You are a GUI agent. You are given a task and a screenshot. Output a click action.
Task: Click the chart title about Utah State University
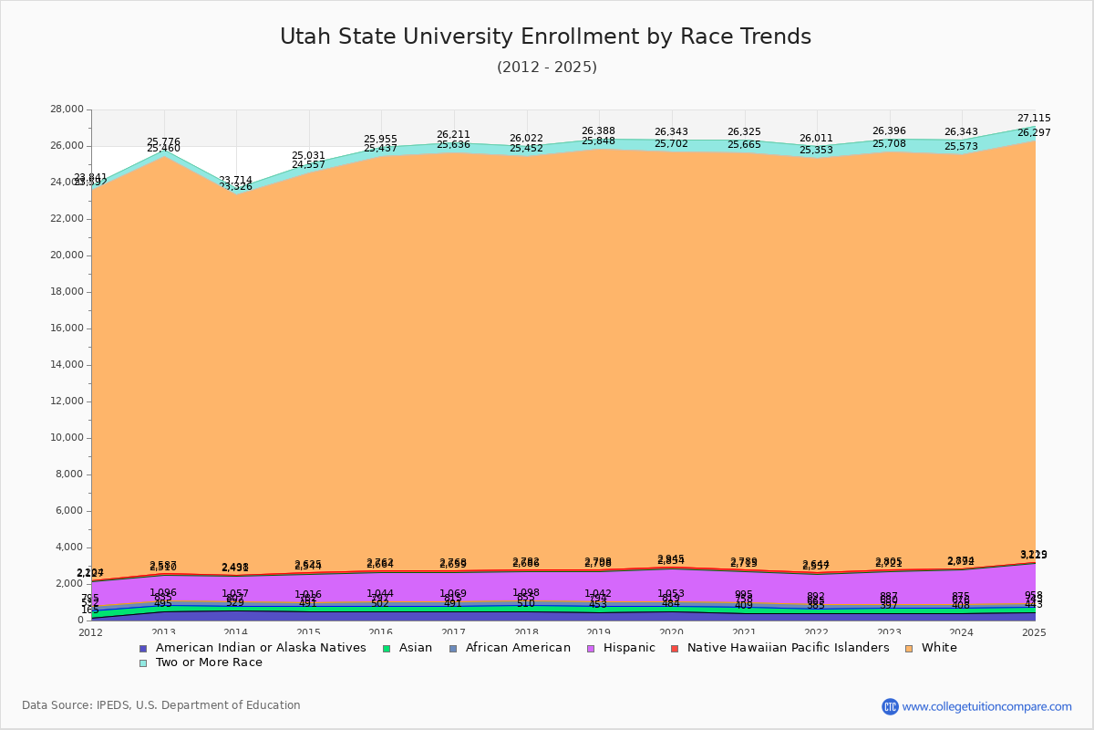545,36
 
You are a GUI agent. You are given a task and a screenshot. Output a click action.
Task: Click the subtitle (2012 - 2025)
547,68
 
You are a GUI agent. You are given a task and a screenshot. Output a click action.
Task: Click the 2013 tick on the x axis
163,632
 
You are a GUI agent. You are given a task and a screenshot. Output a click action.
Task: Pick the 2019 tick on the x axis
599,632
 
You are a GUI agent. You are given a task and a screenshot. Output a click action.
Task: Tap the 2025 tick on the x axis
1035,632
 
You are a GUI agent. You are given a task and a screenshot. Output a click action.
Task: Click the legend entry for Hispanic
623,648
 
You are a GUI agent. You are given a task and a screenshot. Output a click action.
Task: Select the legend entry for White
939,648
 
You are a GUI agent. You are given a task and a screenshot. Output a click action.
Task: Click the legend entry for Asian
413,648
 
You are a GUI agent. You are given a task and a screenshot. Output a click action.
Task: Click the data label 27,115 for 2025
1034,119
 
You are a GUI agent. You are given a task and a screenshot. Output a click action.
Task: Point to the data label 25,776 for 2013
163,142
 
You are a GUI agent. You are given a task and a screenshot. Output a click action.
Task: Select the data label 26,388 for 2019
598,131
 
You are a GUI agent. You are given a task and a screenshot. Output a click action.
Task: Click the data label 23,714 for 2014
235,181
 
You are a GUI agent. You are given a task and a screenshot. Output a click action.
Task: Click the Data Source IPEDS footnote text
161,705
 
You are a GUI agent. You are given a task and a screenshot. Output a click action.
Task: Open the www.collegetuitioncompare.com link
986,706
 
